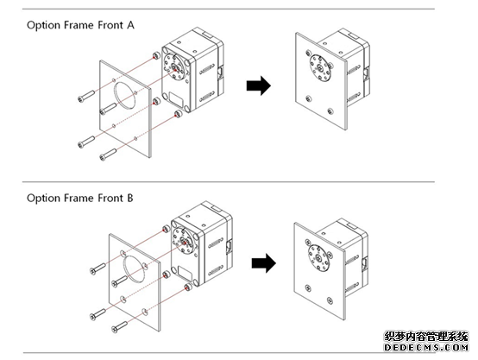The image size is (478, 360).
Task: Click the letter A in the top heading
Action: [x=130, y=25]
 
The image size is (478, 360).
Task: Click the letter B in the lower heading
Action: [x=130, y=199]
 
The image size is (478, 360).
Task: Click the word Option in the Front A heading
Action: [x=44, y=26]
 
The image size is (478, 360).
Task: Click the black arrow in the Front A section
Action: [x=259, y=85]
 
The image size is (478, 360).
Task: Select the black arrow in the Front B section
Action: [x=264, y=263]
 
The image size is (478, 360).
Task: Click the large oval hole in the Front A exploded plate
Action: [x=125, y=95]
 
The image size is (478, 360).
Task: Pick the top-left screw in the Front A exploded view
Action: [x=85, y=96]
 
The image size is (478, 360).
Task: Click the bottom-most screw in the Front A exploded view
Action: [x=108, y=155]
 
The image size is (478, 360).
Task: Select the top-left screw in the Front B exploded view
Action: [x=97, y=268]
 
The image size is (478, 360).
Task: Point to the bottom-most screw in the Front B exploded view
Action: [x=119, y=326]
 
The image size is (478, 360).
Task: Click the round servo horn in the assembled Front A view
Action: [x=320, y=68]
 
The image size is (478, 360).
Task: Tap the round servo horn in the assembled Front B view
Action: [x=318, y=259]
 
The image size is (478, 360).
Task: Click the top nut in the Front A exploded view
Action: [x=156, y=55]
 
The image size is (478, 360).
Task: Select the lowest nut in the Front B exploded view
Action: [x=188, y=287]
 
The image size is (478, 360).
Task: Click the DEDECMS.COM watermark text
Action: [x=426, y=347]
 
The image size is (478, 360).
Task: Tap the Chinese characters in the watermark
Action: [x=426, y=337]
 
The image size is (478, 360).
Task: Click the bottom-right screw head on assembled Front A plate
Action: [x=330, y=111]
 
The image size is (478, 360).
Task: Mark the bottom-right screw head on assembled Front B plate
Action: [x=330, y=300]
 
